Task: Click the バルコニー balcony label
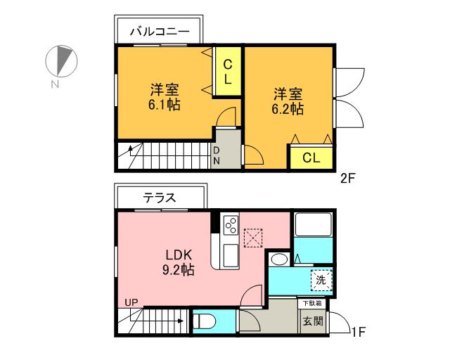click(160, 32)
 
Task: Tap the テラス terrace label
click(160, 198)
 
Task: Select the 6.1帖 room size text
click(164, 105)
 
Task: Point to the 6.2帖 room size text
click(288, 109)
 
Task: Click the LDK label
click(179, 255)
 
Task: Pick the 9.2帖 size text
click(179, 270)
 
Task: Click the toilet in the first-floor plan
click(205, 321)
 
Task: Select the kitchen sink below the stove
click(231, 256)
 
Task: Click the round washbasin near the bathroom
click(279, 260)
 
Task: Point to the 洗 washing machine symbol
click(321, 280)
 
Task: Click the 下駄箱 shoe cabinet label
click(312, 303)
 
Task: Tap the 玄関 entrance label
click(313, 321)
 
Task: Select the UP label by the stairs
click(131, 302)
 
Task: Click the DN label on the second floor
click(217, 155)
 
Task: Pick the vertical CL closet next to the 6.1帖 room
click(228, 71)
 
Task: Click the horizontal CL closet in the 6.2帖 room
click(311, 157)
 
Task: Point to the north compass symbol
click(61, 61)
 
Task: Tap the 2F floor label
click(348, 179)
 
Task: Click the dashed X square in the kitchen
click(253, 238)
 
